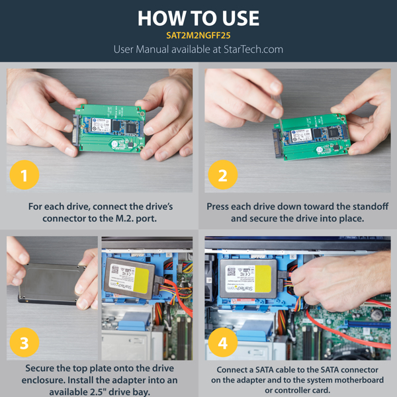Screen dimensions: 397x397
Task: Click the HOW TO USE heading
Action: [x=198, y=18]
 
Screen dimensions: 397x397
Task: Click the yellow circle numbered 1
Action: [x=24, y=176]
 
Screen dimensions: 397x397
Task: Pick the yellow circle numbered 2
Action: [x=222, y=176]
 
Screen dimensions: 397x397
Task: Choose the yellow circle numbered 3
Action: [x=24, y=343]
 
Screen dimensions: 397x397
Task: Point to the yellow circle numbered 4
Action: [x=222, y=343]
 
